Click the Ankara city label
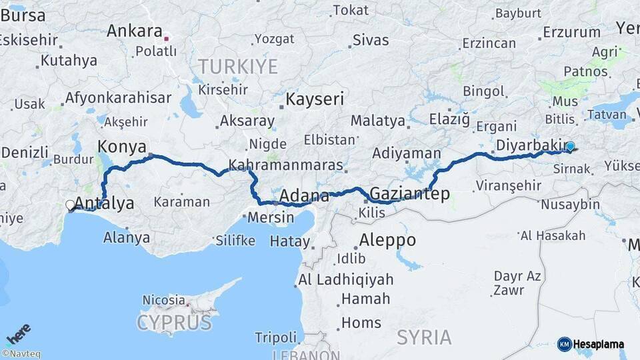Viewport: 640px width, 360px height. point(134,31)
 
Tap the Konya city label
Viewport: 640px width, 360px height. point(122,147)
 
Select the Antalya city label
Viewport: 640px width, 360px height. point(105,203)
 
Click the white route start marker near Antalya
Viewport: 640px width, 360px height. point(70,206)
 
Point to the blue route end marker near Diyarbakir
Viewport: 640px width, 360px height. point(570,147)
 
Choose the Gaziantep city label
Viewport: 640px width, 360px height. point(409,194)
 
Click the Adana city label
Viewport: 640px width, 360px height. point(304,196)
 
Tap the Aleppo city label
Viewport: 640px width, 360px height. point(387,240)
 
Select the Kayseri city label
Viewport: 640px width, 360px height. point(315,100)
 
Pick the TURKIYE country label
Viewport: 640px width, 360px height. point(237,67)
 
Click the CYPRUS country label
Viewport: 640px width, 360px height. point(174,324)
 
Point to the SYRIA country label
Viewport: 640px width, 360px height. point(425,337)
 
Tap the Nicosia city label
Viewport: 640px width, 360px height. point(163,301)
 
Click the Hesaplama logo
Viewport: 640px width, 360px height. point(591,344)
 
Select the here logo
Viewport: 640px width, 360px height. point(18,333)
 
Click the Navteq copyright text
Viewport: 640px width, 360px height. point(21,354)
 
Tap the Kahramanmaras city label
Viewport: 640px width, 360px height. point(285,165)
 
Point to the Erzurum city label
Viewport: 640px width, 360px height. point(571,32)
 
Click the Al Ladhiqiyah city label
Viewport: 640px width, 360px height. point(346,279)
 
